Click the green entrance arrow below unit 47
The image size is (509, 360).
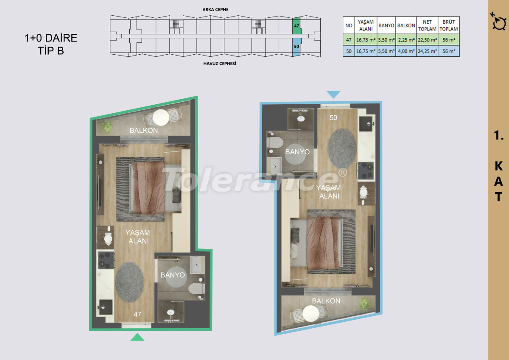pos(137,337)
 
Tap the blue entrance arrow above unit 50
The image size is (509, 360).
pos(333,95)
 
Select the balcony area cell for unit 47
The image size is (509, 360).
pos(406,40)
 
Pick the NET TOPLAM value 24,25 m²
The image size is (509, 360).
pos(427,51)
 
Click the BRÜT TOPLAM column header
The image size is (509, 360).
pos(449,25)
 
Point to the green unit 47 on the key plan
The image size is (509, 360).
pos(297,26)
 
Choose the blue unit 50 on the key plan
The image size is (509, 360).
pos(296,47)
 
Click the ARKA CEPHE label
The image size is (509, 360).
pos(215,9)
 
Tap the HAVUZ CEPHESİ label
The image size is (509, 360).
pos(220,64)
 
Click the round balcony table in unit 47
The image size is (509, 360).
pos(161,117)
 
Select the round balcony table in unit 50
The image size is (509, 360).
pos(310,313)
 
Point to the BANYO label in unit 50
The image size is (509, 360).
pos(297,152)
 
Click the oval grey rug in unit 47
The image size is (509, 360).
pos(129,282)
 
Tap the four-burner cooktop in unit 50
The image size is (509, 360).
pos(366,170)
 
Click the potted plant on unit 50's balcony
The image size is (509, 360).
pos(365,304)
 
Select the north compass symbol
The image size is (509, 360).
pos(499,22)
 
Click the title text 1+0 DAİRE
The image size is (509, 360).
pos(51,38)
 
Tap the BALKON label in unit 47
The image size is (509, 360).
pos(144,130)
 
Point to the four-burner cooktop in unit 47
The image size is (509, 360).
pos(106,260)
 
